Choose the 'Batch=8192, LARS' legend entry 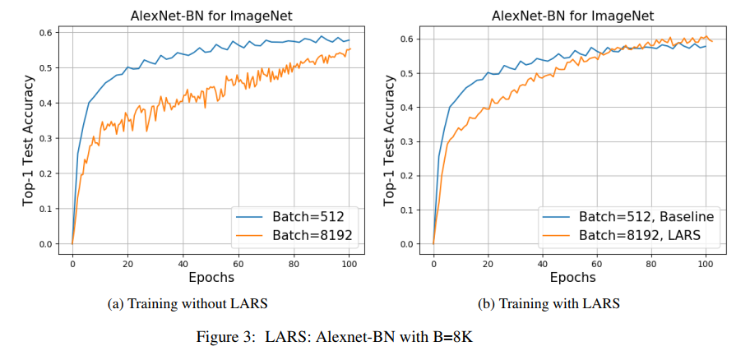(x=628, y=236)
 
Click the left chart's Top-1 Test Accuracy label (x=27, y=140)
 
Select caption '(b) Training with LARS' (x=549, y=304)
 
